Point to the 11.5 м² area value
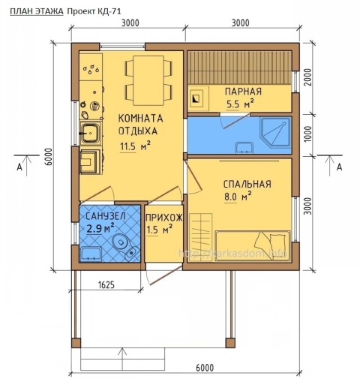pyautogui.click(x=136, y=146)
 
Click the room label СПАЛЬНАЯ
pyautogui.click(x=246, y=184)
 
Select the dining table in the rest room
pyautogui.click(x=142, y=80)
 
